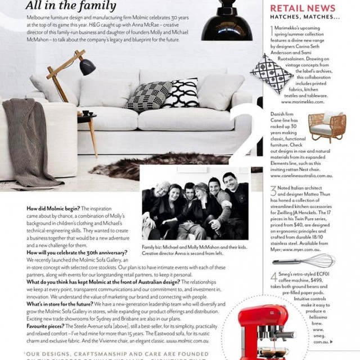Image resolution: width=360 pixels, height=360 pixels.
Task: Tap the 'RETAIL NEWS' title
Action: click(303, 8)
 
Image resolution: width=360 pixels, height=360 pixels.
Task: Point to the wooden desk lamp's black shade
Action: click(88, 67)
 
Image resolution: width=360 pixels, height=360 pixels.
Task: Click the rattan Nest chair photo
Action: click(326, 127)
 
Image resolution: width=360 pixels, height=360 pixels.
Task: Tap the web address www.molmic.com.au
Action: click(188, 340)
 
